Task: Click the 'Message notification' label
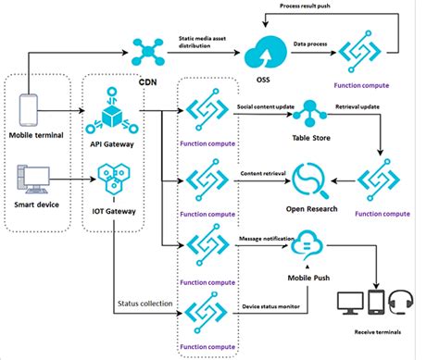[x=270, y=239]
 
